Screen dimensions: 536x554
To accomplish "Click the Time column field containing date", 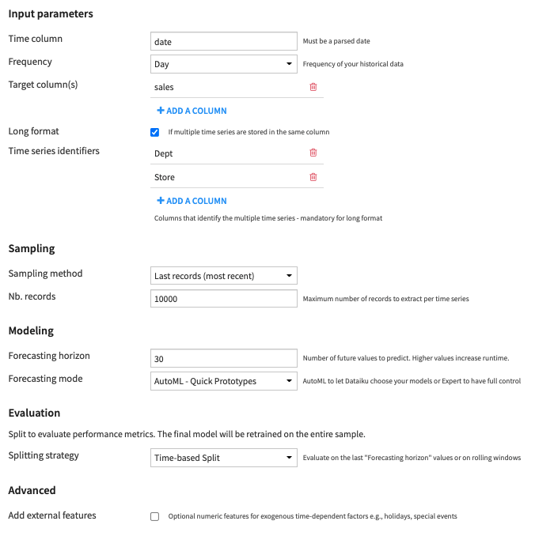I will pos(223,41).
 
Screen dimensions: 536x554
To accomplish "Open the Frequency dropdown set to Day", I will pos(223,64).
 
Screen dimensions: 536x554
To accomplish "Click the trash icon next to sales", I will pos(313,87).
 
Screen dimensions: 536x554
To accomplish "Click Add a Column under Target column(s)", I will pos(192,111).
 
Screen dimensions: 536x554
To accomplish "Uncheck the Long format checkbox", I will pos(155,132).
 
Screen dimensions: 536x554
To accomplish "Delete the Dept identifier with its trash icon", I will pos(313,153).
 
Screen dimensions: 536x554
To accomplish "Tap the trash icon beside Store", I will pos(313,177).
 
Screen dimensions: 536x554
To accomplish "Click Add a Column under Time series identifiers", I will pos(192,201).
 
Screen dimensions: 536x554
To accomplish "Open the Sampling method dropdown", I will pos(223,276).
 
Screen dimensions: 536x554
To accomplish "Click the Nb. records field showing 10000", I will pos(223,299).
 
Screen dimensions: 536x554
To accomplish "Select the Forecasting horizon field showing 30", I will pos(223,358).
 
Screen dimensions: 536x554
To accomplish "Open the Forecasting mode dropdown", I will pos(223,381).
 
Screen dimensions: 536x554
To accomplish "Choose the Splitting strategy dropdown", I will pos(223,457).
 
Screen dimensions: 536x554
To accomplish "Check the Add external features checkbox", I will pos(155,517).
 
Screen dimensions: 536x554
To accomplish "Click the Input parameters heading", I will pos(51,14).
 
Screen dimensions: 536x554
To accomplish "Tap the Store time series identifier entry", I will pos(165,177).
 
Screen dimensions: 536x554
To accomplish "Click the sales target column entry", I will pos(164,87).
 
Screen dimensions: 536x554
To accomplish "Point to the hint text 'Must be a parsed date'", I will pos(336,41).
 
